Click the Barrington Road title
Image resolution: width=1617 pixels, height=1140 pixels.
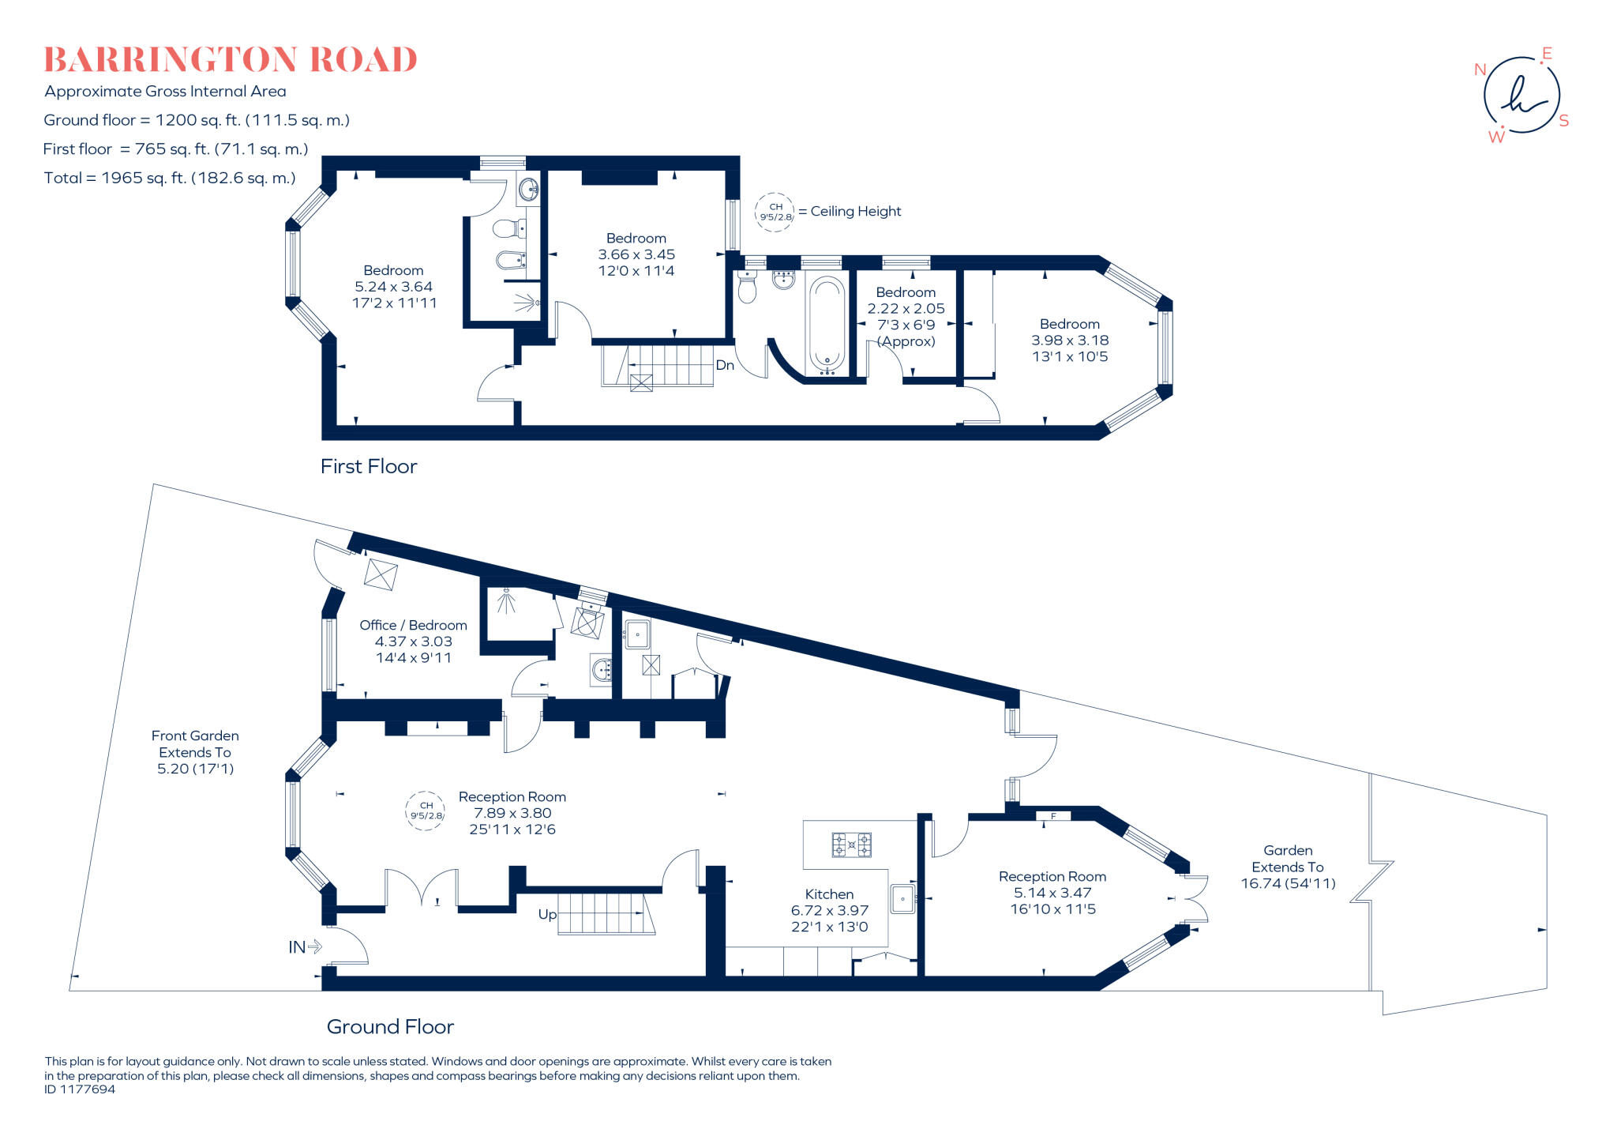point(231,60)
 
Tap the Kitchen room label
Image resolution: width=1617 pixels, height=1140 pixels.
point(829,894)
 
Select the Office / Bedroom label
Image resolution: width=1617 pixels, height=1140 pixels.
point(413,625)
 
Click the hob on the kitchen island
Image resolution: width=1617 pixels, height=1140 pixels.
point(851,845)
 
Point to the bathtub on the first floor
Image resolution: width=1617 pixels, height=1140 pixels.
point(827,325)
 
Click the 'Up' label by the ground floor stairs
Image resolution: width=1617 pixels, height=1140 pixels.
point(547,915)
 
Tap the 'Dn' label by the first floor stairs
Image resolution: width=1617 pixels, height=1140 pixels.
point(725,365)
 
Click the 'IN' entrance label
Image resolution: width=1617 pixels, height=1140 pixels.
point(297,946)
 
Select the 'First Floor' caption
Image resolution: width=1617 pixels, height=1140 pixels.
point(369,466)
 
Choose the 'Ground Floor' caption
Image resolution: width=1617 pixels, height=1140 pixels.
point(390,1026)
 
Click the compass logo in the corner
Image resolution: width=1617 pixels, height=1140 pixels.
point(1521,96)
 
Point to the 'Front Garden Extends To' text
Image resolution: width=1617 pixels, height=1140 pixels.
point(195,743)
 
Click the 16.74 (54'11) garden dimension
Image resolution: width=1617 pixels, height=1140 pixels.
point(1288,883)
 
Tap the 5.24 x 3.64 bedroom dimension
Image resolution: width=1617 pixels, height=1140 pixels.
point(393,287)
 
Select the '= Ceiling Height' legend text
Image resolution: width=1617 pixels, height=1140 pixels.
point(850,211)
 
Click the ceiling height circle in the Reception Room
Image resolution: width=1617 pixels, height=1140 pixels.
point(426,811)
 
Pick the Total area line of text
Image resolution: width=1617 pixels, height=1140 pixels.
point(170,178)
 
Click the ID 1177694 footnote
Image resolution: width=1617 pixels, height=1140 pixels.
point(80,1089)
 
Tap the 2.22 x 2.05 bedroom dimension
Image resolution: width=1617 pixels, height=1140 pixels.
point(906,309)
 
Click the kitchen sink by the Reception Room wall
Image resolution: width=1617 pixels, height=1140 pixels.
point(902,899)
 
